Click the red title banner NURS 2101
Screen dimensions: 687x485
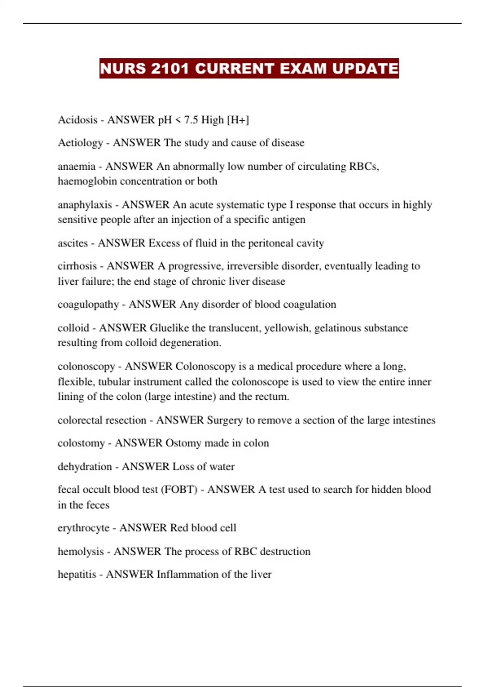point(249,68)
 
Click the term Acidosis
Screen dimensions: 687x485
point(78,120)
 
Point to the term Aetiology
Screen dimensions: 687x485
point(80,143)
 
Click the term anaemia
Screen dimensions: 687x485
point(76,166)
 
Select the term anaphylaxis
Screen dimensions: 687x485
point(84,205)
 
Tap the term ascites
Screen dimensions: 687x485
point(73,243)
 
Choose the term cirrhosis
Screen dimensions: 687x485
point(77,266)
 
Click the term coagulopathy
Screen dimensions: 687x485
point(88,304)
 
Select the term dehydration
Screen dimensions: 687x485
point(84,467)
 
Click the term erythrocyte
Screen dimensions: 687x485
point(83,528)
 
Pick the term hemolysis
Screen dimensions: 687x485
point(80,552)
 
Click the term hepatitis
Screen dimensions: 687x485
point(77,575)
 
